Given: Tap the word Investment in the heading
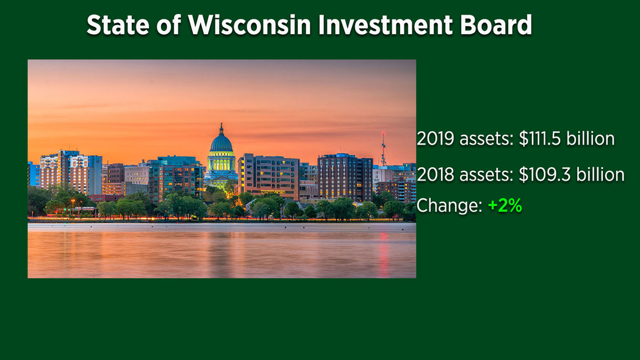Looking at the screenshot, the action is point(386,25).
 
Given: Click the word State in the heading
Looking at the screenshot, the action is point(118,25).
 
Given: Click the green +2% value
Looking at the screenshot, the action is point(505,205).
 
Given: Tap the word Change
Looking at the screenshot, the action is point(450,205).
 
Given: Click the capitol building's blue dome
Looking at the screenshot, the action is point(221,143).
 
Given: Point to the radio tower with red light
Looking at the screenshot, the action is point(383,149).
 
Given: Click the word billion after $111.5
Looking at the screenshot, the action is point(591,139).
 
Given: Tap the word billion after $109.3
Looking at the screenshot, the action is point(600,175).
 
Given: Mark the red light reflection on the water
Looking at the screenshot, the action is point(384,254).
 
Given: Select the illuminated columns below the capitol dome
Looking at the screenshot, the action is point(221,164).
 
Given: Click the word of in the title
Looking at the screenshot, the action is point(169,25).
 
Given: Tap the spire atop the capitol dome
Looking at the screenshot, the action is point(221,129).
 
